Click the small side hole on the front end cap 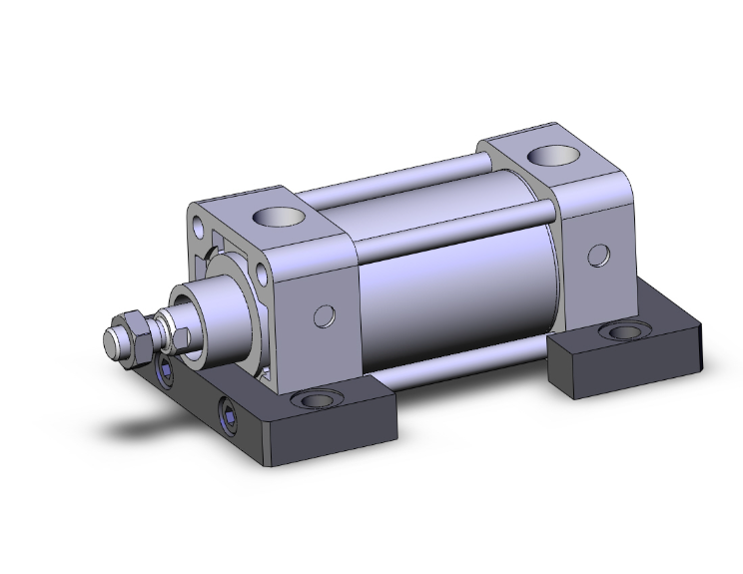(323, 316)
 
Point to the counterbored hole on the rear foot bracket (625, 331)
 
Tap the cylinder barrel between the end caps (449, 289)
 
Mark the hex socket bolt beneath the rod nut (164, 375)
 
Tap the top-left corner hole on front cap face (206, 218)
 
